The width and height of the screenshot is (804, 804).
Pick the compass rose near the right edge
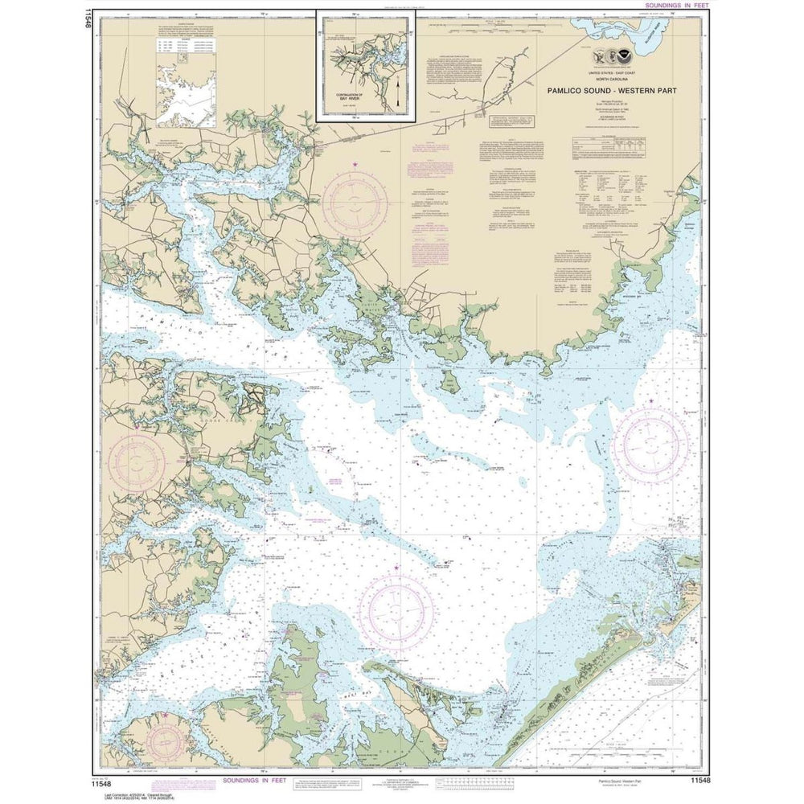[651, 445]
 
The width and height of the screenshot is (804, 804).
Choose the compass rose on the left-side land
[135, 463]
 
